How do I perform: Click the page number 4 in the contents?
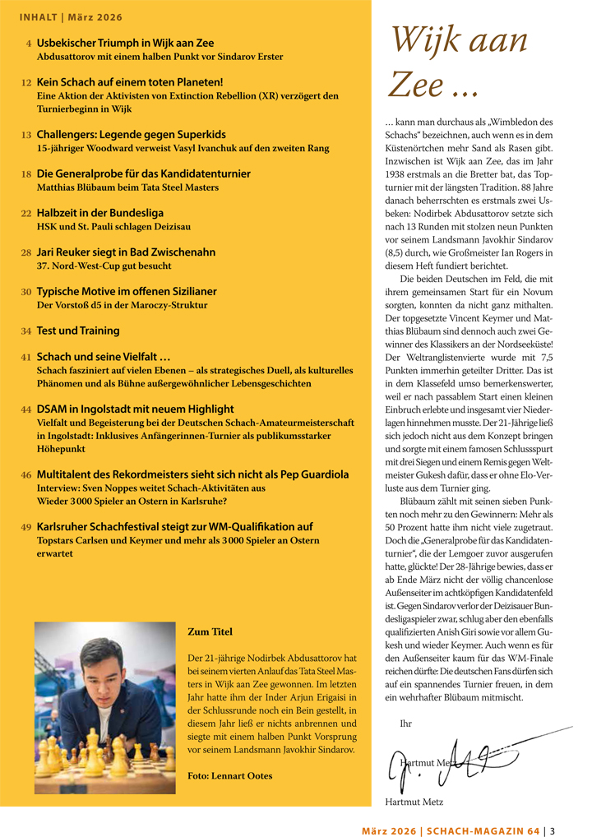[29, 43]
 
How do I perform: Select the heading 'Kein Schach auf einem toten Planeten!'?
[130, 82]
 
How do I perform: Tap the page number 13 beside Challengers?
[26, 135]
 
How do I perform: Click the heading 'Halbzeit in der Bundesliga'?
[100, 213]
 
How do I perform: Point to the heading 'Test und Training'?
[78, 331]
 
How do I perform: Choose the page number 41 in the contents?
[26, 358]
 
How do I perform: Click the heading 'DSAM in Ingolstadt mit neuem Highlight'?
[135, 409]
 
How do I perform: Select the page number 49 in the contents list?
[26, 527]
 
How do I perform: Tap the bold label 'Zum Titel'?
[210, 632]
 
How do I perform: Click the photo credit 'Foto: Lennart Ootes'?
[229, 775]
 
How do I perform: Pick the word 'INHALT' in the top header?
[38, 16]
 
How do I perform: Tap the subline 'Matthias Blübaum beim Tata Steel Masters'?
[127, 187]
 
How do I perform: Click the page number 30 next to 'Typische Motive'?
[26, 292]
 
